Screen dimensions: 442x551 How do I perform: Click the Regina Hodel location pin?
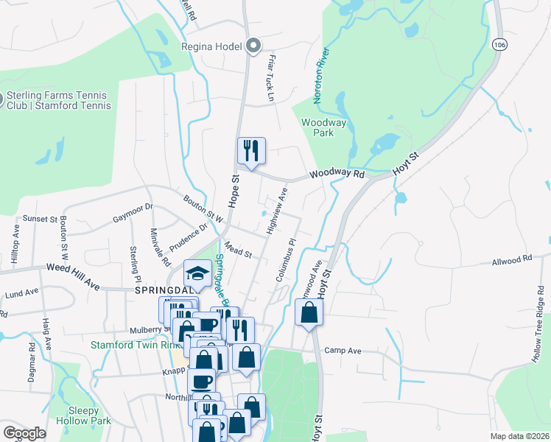pos(253,46)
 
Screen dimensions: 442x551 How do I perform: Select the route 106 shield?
pos(500,45)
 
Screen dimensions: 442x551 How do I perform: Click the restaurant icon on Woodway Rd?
pos(251,152)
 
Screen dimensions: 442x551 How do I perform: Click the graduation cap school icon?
pos(197,275)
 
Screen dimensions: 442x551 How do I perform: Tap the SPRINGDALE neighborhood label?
pos(166,290)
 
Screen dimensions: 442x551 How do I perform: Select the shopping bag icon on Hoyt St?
pos(308,313)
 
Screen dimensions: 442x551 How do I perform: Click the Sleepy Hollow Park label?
pos(89,416)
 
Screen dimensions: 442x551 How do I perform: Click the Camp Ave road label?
pos(343,351)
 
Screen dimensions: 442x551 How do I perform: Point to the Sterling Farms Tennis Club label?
pos(57,101)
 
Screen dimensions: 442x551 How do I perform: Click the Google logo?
pos(24,433)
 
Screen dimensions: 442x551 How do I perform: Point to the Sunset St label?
pos(40,219)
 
